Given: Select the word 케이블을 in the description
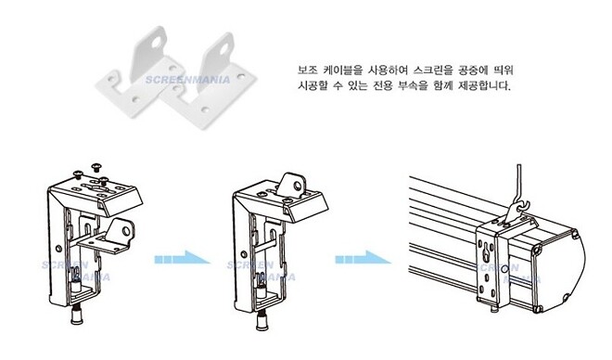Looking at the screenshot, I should (x=343, y=71).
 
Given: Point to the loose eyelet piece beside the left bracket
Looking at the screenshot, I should (x=116, y=234).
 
